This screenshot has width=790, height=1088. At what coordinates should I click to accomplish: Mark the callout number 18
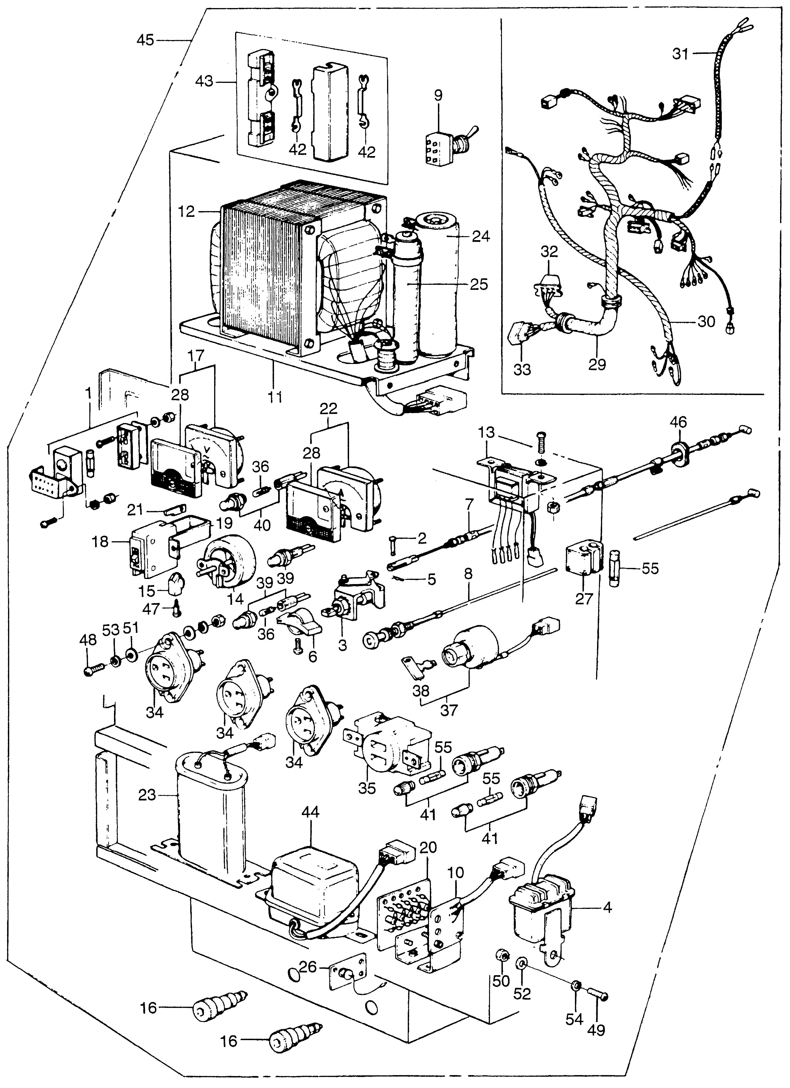click(100, 543)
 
